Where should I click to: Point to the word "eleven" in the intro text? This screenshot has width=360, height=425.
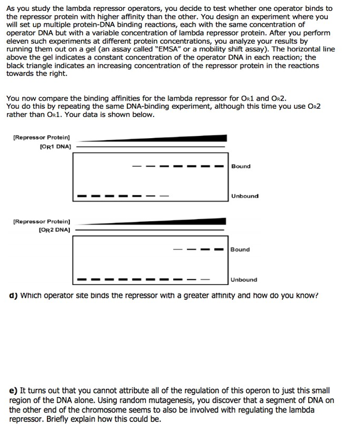click(19, 41)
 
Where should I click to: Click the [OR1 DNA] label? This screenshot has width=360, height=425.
click(56, 146)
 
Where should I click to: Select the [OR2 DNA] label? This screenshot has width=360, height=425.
click(56, 230)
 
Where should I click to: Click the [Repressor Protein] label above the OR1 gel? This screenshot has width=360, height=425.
click(41, 138)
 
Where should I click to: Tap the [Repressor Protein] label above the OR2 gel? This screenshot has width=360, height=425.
click(41, 222)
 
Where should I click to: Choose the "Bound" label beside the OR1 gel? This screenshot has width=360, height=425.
click(241, 166)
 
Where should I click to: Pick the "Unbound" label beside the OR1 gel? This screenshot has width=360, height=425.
click(245, 196)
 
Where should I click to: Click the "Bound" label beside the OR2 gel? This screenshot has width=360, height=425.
click(240, 250)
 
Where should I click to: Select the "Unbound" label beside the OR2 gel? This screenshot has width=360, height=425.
click(244, 280)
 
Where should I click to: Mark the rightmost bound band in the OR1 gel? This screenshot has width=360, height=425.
click(219, 167)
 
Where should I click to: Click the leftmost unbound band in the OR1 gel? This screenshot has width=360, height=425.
click(81, 196)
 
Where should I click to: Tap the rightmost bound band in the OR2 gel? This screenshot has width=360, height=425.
click(219, 250)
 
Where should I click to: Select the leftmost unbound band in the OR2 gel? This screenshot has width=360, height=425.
click(81, 280)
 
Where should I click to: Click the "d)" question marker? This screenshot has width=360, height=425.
click(11, 296)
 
